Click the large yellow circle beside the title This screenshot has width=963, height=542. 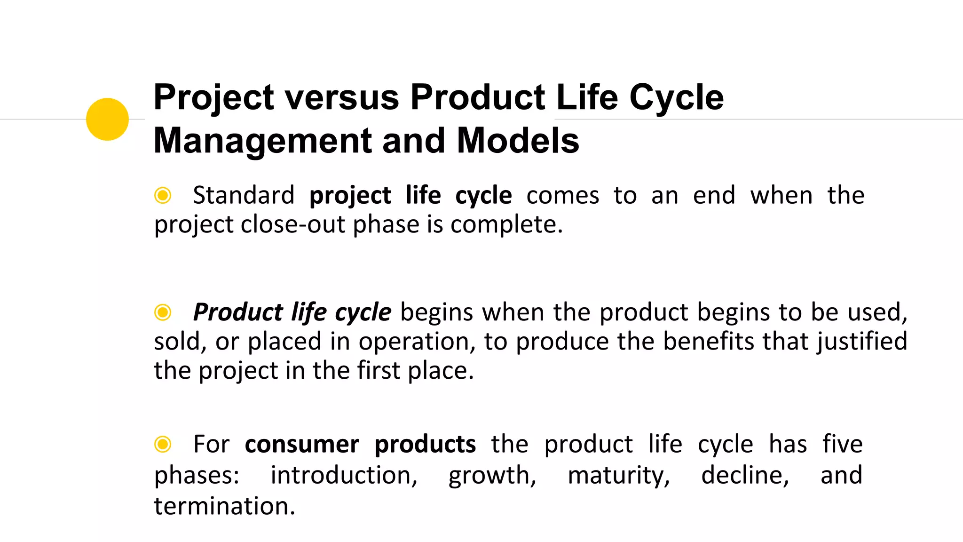pos(107,119)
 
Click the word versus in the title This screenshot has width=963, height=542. pos(342,97)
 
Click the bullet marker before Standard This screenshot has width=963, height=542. pos(163,195)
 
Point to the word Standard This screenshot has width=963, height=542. pos(244,195)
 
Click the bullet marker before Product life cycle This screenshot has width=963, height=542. pos(163,312)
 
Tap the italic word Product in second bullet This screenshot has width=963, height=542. pos(238,312)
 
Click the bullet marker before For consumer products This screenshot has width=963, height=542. pos(163,444)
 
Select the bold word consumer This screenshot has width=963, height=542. pos(302,444)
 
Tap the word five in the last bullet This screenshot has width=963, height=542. pos(842,444)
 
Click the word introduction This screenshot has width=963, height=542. pos(343,475)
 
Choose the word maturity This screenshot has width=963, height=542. pos(618,475)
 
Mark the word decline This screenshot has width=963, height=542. pos(744,475)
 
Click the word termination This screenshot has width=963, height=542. pos(223,506)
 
